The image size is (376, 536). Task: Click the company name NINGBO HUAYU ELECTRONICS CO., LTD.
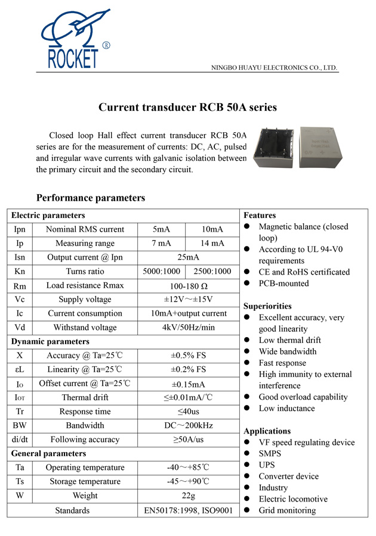(x=275, y=68)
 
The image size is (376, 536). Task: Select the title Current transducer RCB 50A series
(x=187, y=108)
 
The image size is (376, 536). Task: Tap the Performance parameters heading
(x=91, y=198)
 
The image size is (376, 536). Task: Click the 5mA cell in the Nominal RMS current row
(x=161, y=229)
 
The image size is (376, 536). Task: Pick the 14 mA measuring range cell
(x=212, y=243)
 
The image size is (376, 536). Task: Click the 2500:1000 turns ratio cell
(x=212, y=271)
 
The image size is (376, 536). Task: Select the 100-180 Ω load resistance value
(x=188, y=286)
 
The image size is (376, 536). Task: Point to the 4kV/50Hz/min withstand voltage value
(x=188, y=328)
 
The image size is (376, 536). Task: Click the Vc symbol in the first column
(x=20, y=300)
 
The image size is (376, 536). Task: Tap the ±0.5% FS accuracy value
(x=188, y=356)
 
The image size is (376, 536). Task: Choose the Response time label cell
(x=85, y=412)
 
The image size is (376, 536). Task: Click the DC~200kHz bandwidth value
(x=188, y=425)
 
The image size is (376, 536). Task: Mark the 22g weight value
(x=188, y=496)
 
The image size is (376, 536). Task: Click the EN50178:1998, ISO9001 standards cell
(x=188, y=510)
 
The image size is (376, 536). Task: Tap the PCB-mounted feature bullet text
(x=283, y=283)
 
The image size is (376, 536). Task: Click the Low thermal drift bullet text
(x=289, y=340)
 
